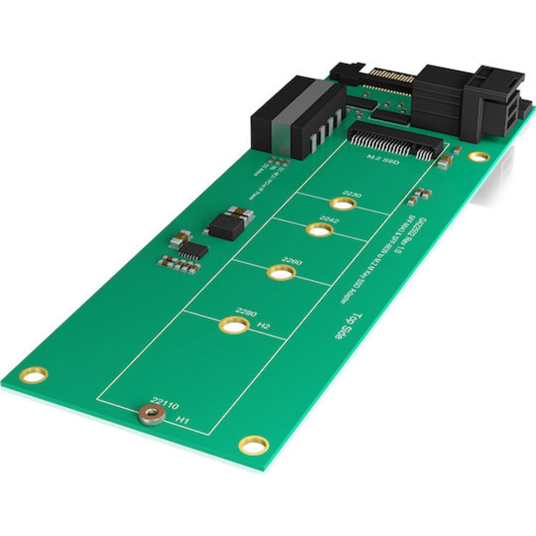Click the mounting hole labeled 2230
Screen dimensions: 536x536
coord(344,204)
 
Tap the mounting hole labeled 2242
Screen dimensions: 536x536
coord(319,230)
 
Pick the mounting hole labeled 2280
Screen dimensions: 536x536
coord(233,325)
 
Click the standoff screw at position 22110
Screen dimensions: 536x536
coord(152,414)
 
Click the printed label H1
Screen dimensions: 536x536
coord(183,422)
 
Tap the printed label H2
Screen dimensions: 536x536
coord(263,325)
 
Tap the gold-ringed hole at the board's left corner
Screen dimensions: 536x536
coord(33,374)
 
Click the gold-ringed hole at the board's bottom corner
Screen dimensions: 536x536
coord(254,445)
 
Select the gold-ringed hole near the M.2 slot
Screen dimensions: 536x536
coord(478,157)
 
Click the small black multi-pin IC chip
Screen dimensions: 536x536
coord(193,249)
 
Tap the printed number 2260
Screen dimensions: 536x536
coord(292,262)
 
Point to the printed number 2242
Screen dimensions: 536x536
coord(329,219)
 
